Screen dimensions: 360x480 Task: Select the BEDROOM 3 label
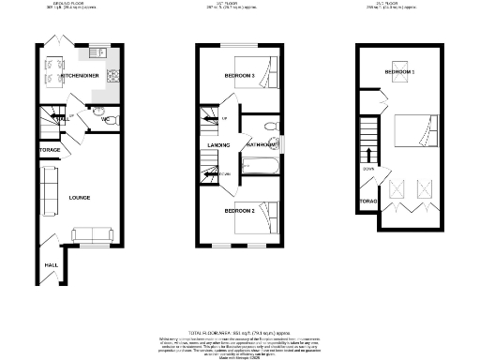(x=239, y=74)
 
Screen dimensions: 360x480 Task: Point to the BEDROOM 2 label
(x=239, y=211)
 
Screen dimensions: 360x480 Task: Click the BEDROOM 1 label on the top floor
(x=400, y=72)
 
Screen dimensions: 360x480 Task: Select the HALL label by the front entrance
(x=50, y=265)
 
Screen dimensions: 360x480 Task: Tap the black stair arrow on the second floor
(x=370, y=155)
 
